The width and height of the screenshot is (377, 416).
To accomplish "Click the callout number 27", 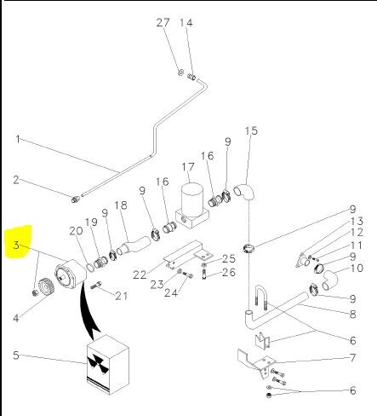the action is click(x=163, y=23).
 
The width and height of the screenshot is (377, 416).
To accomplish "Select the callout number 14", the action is click(x=186, y=23).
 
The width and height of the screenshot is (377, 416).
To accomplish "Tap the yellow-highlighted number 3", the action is click(x=16, y=245).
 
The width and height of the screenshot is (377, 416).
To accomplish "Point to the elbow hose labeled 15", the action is click(x=244, y=193).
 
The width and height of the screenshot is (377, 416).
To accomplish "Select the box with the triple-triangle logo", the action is click(x=108, y=365).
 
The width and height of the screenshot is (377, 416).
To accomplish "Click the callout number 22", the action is click(x=140, y=274).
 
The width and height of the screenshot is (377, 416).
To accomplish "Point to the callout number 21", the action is click(x=122, y=296).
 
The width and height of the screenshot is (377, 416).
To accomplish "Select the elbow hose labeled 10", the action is click(x=330, y=280).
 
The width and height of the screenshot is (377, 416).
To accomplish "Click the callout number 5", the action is click(x=16, y=355).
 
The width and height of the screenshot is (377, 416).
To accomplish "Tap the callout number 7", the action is click(x=352, y=357).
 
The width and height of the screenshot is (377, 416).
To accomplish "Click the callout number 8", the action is click(x=352, y=315).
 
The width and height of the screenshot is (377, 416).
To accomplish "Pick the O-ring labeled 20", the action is click(x=90, y=268).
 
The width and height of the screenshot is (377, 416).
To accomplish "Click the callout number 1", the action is click(x=18, y=139).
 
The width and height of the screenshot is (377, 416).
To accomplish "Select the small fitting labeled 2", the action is click(x=75, y=199).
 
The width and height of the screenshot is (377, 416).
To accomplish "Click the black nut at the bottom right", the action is click(x=269, y=395).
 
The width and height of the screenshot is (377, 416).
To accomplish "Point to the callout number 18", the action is click(x=121, y=205).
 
